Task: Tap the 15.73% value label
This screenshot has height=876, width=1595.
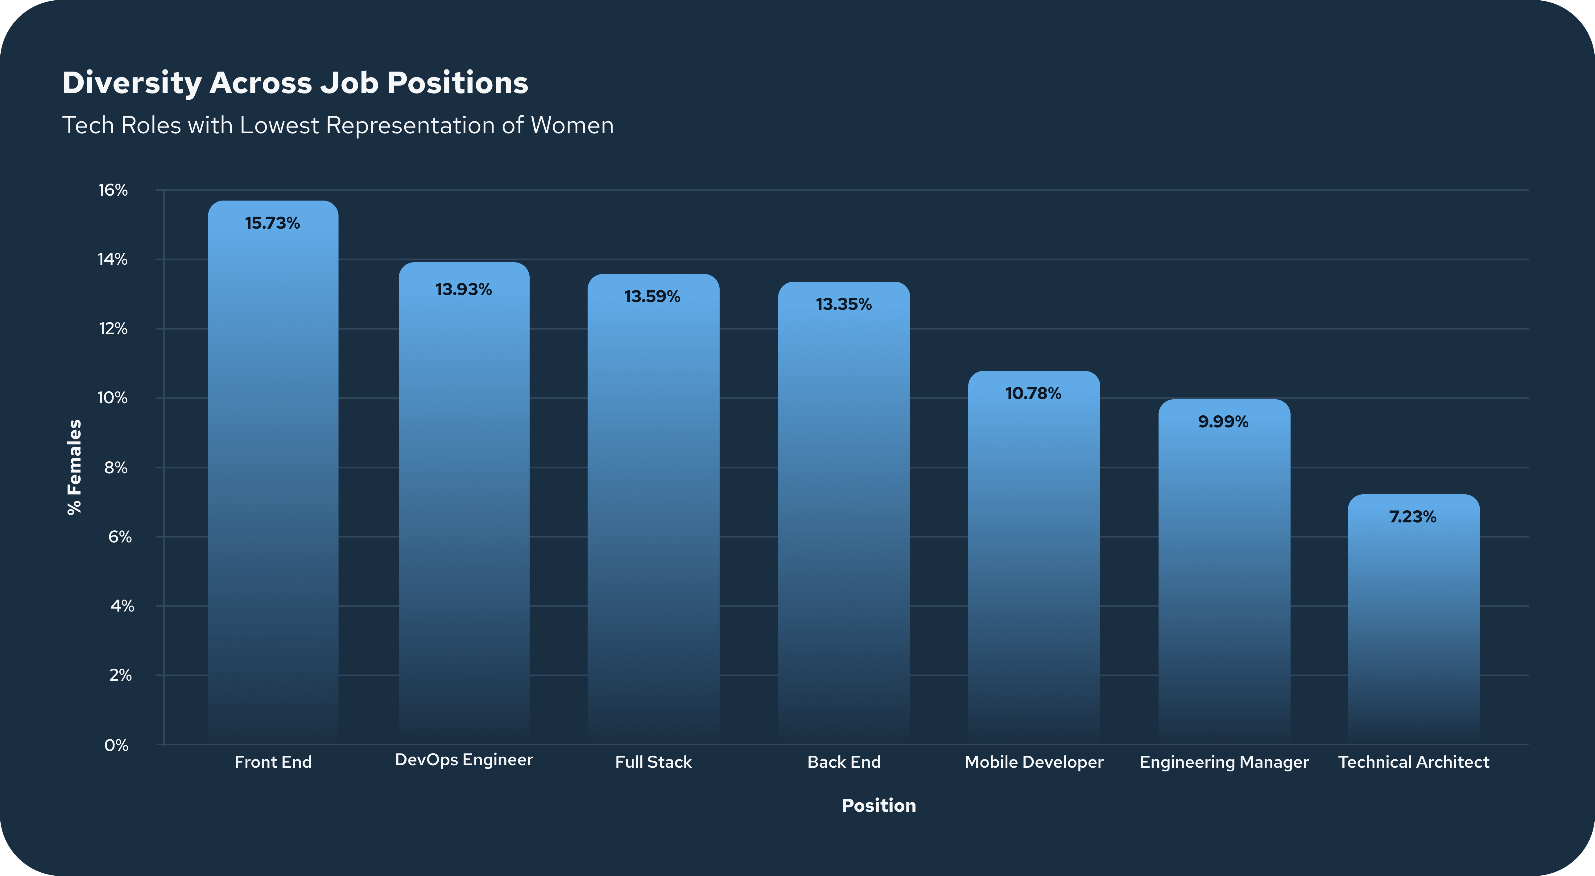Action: coord(272,223)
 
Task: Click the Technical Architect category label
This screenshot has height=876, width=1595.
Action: coord(1414,762)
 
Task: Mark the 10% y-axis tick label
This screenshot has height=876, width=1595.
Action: coord(113,398)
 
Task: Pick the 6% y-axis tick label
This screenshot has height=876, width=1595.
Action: coord(119,537)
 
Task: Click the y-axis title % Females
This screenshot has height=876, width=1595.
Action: coord(74,467)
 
